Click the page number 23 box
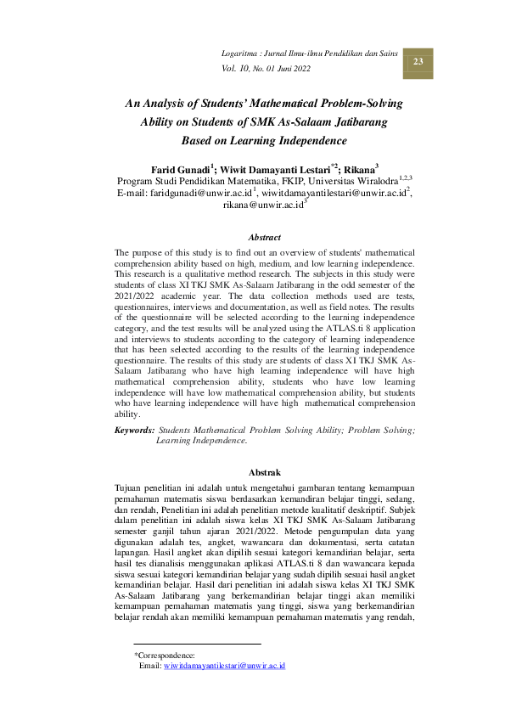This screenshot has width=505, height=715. (418, 62)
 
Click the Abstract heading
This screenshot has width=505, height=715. (264, 237)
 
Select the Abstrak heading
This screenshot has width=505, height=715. (264, 471)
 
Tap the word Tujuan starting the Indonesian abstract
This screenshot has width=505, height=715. (129, 488)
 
